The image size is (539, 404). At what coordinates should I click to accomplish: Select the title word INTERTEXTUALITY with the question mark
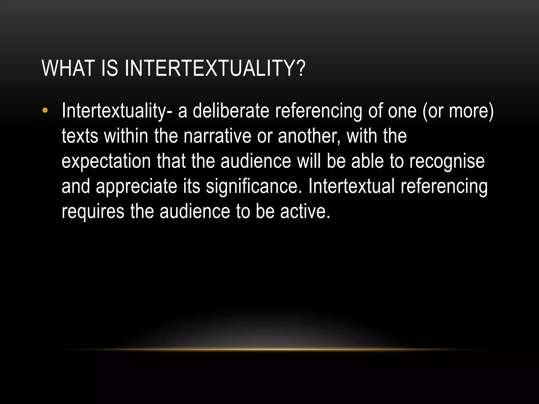coord(215,68)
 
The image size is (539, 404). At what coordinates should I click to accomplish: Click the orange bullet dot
coord(45,110)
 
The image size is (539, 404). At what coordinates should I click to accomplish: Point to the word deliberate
coord(231,111)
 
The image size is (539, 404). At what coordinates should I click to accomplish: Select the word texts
coord(80,136)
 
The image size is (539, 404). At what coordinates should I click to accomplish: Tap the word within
coord(126,136)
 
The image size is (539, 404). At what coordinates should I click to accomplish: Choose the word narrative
coord(217,136)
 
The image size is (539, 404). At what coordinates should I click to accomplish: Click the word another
coord(309,136)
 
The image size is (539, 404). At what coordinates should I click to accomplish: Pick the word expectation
coord(106,161)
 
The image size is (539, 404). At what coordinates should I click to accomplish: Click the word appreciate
coord(136,186)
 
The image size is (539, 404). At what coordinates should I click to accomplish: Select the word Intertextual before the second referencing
coord(351,186)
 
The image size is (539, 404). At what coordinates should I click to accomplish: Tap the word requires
coord(93,212)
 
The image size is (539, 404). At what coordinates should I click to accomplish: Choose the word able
coord(367,161)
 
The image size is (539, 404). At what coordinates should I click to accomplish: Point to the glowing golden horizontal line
coord(269,349)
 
